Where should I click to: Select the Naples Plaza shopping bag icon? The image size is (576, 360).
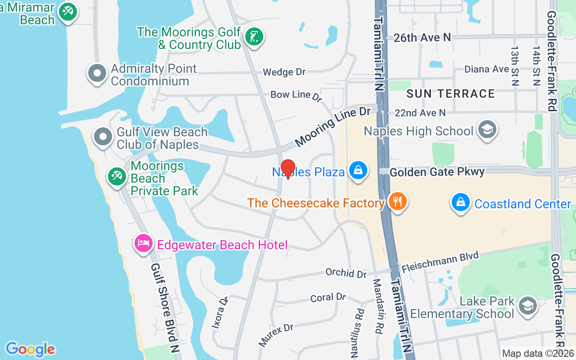pyautogui.click(x=358, y=171)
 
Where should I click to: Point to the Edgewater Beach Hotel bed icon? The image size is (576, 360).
pyautogui.click(x=143, y=243)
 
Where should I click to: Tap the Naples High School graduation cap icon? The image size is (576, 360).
pyautogui.click(x=487, y=130)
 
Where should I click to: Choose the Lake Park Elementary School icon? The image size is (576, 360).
pyautogui.click(x=527, y=306)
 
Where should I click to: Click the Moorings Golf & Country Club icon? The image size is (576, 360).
pyautogui.click(x=254, y=36)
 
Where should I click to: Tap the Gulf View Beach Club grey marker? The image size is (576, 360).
pyautogui.click(x=103, y=136)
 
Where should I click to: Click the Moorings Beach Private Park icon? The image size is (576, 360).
pyautogui.click(x=117, y=176)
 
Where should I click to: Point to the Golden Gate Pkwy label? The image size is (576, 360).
pyautogui.click(x=437, y=172)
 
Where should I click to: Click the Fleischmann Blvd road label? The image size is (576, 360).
pyautogui.click(x=441, y=262)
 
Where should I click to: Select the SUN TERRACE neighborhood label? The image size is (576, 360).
pyautogui.click(x=450, y=94)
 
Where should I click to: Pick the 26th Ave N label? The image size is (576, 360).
pyautogui.click(x=422, y=38)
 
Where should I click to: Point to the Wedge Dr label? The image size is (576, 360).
pyautogui.click(x=284, y=72)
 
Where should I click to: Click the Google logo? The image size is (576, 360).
pyautogui.click(x=30, y=349)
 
